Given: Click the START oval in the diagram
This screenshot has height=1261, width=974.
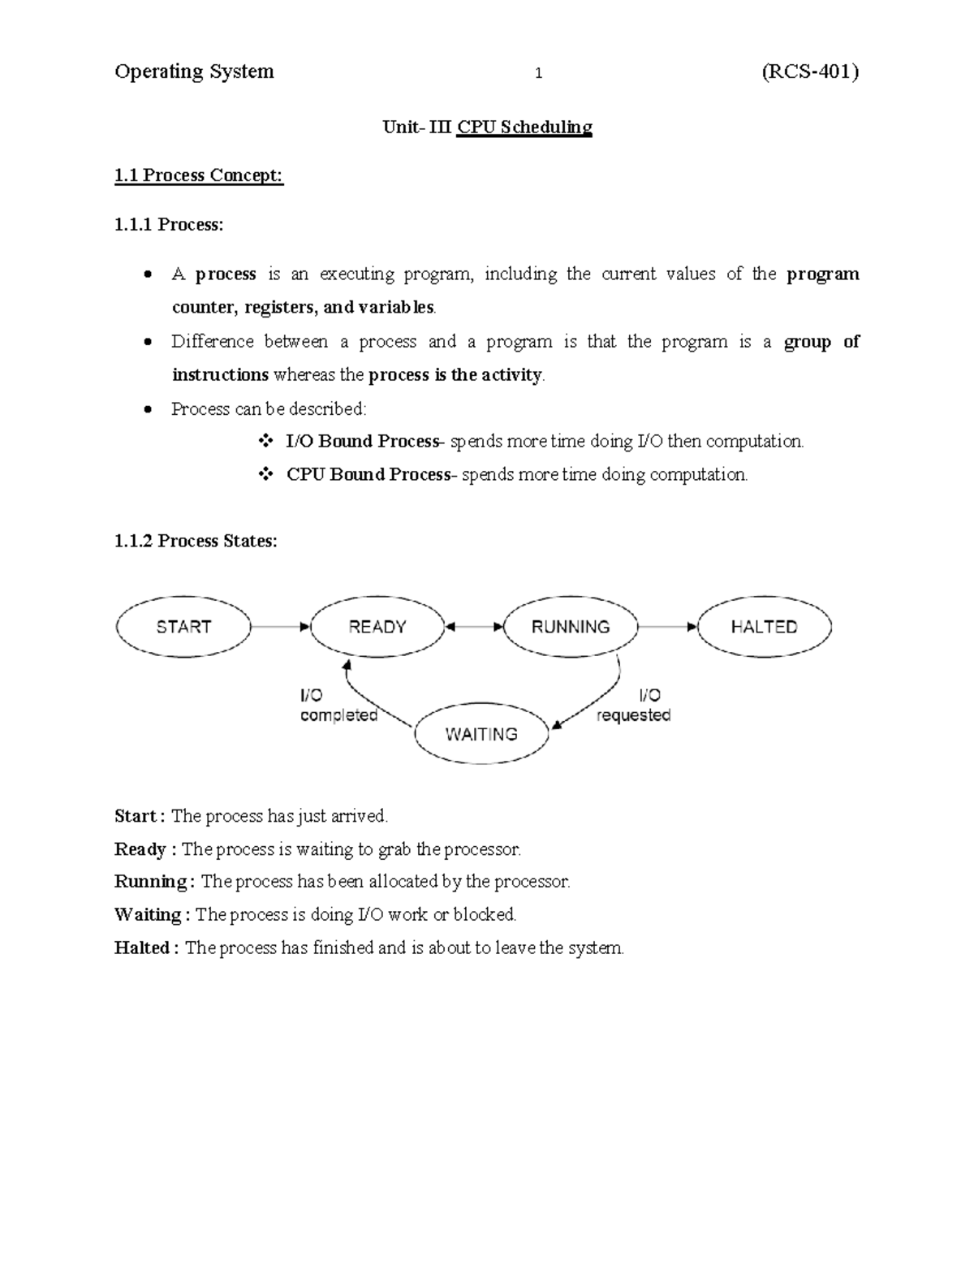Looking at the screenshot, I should click(x=183, y=627).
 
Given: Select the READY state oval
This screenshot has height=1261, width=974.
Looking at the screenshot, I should click(x=377, y=627).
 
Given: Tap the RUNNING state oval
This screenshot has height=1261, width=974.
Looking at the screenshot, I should click(x=571, y=627).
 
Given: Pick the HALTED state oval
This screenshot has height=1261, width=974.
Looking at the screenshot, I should click(x=764, y=627).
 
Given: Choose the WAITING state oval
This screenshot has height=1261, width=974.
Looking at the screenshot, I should click(x=481, y=734).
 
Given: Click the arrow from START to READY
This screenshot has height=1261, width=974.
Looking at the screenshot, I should click(x=280, y=627).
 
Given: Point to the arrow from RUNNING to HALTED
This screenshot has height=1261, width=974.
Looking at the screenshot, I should click(x=667, y=627).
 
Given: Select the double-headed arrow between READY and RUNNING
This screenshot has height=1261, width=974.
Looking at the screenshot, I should click(x=474, y=627).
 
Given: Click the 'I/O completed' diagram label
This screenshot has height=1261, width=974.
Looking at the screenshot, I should click(x=338, y=706).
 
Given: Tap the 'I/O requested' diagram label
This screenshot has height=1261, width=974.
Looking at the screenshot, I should click(x=634, y=706).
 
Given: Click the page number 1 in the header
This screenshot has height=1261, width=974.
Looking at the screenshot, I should click(x=538, y=74).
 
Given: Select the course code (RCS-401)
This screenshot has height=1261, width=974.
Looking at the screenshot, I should click(x=809, y=72).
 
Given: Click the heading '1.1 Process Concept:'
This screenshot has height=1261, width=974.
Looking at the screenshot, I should click(x=199, y=175).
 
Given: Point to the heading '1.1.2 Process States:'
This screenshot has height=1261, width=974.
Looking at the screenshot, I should click(x=196, y=541).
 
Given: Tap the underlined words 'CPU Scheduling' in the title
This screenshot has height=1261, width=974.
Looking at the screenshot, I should click(x=524, y=127).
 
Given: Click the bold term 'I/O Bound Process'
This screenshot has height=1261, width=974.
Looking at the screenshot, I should click(x=362, y=442).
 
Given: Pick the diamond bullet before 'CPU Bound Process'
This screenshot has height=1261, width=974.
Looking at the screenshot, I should click(x=265, y=474).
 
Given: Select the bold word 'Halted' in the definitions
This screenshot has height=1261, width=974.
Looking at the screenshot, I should click(x=142, y=948).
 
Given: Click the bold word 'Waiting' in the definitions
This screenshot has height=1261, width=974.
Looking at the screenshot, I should click(x=148, y=914).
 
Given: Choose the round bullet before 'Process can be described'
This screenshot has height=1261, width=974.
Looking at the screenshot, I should click(x=147, y=409).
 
